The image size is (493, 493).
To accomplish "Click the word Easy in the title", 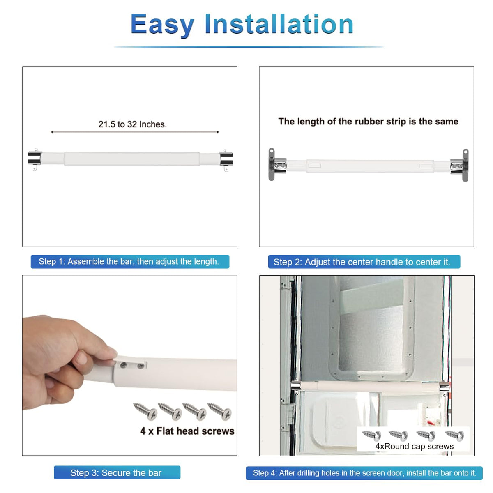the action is coord(162,25).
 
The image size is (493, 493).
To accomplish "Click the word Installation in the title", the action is coord(279,24).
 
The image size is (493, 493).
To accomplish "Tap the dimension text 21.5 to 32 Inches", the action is coord(133,124).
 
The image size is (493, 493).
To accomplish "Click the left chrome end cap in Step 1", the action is coord(35,159).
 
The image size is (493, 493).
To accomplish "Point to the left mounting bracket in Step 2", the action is coord(277,164).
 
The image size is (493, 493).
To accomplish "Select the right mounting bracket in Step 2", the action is coord(459,165).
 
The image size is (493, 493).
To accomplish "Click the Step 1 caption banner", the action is coord(130,261).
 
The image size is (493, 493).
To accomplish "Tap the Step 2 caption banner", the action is coord(364,262).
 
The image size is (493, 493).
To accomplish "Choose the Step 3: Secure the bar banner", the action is coord(117,472).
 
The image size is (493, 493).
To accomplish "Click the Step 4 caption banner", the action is coord(364,473).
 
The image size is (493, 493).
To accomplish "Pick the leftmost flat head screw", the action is coord(145,411).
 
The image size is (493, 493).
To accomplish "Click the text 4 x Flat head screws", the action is coord(187,431).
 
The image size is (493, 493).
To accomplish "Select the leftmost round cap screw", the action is coord(372,435).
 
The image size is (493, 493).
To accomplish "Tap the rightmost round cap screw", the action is coord(455,435).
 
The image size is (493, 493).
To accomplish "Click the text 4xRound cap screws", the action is coord(414,447).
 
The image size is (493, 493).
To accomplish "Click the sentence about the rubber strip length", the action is coord(368,122).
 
